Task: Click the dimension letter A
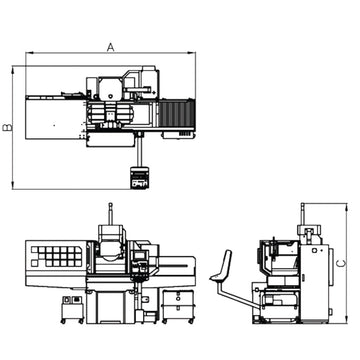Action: [110, 46]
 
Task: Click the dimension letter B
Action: [7, 127]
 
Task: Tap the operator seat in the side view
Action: [224, 268]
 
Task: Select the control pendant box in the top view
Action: [139, 178]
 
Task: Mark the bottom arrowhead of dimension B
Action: [13, 185]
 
